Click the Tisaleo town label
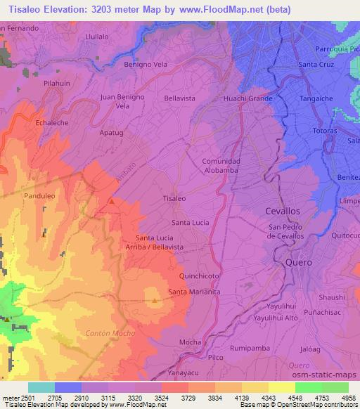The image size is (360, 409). pyautogui.click(x=174, y=199)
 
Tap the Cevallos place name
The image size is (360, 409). pyautogui.click(x=283, y=211)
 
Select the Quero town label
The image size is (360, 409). pyautogui.click(x=298, y=262)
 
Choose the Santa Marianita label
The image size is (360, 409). pyautogui.click(x=195, y=292)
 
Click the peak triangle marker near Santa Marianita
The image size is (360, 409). pyautogui.click(x=155, y=301)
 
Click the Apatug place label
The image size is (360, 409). pyautogui.click(x=112, y=132)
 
